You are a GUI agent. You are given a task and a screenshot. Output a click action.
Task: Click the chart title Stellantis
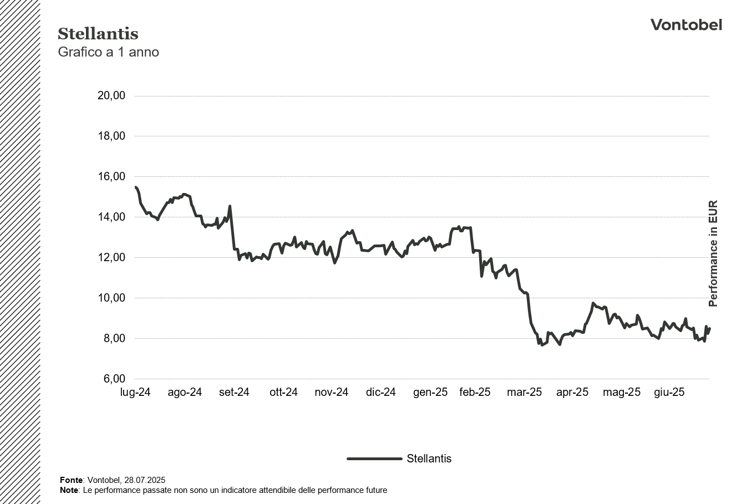pyautogui.click(x=98, y=34)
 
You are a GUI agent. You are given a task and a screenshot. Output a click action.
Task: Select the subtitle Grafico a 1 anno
pyautogui.click(x=108, y=52)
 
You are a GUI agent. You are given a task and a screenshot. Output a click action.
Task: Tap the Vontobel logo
pyautogui.click(x=686, y=25)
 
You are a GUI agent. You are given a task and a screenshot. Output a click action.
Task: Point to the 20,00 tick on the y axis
pyautogui.click(x=111, y=95)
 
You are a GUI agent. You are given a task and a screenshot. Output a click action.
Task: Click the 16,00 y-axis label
pyautogui.click(x=111, y=176)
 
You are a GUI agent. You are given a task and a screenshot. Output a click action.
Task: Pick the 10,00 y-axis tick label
pyautogui.click(x=111, y=298)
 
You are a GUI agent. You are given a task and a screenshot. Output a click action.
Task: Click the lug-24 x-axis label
pyautogui.click(x=135, y=393)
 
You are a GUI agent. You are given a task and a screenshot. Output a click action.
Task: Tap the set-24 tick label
pyautogui.click(x=234, y=393)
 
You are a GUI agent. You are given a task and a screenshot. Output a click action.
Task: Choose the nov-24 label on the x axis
pyautogui.click(x=331, y=393)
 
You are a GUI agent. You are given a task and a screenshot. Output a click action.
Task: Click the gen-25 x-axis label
pyautogui.click(x=430, y=393)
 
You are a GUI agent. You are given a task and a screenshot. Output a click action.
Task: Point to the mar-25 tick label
pyautogui.click(x=524, y=393)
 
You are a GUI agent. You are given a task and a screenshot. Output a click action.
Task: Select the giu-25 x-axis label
pyautogui.click(x=669, y=393)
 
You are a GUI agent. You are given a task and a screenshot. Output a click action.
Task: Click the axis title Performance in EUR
pyautogui.click(x=713, y=253)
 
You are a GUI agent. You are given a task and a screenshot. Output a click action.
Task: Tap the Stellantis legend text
pyautogui.click(x=429, y=459)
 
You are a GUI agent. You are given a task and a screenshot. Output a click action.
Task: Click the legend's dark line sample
pyautogui.click(x=374, y=459)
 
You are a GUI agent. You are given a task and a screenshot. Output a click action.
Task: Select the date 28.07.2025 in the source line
pyautogui.click(x=145, y=480)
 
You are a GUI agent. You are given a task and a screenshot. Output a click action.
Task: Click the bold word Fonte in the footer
pyautogui.click(x=71, y=480)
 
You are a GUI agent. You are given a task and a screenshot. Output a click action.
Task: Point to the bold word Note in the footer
pyautogui.click(x=69, y=490)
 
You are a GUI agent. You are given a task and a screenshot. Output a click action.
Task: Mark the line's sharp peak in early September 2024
pyautogui.click(x=230, y=206)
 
